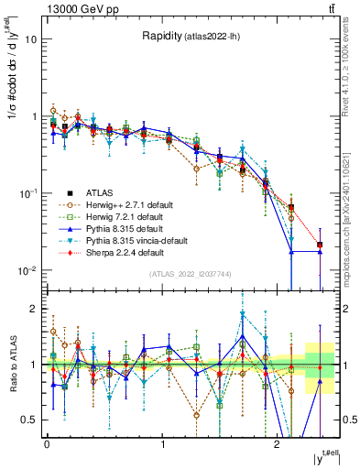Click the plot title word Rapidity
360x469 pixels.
pyautogui.click(x=160, y=36)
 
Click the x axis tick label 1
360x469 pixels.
pyautogui.click(x=162, y=442)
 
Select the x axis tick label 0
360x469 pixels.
pyautogui.click(x=47, y=442)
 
